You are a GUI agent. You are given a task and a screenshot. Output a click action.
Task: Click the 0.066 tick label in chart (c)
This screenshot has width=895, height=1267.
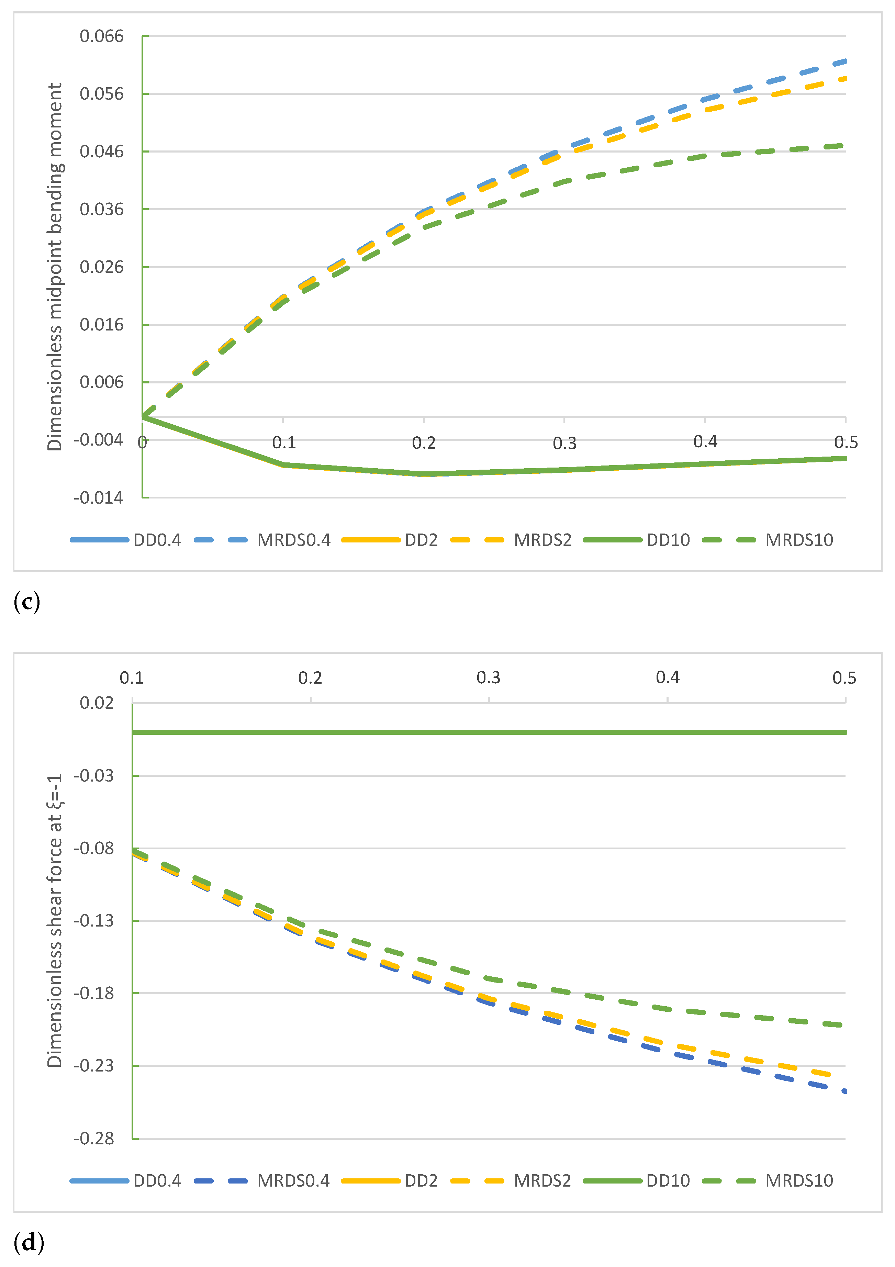tap(102, 36)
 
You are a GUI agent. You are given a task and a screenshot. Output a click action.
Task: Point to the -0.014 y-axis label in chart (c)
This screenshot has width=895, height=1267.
tap(98, 498)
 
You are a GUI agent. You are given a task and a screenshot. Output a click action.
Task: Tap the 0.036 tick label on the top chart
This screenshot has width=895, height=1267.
tap(102, 209)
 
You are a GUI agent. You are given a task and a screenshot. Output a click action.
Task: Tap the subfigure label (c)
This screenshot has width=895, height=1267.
tap(26, 601)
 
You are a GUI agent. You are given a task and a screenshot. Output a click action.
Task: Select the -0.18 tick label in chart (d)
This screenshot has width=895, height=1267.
tap(94, 993)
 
